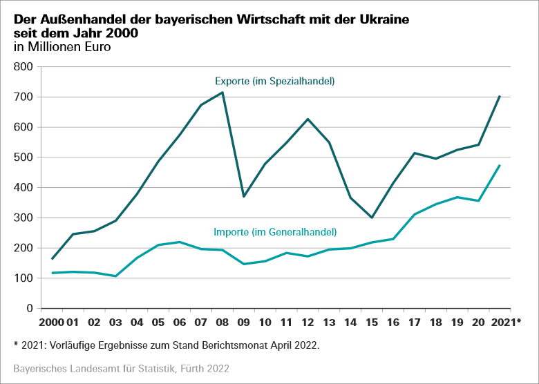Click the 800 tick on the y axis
pyautogui.click(x=23, y=67)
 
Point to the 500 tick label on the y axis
pyautogui.click(x=23, y=157)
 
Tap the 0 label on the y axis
pyautogui.click(x=30, y=309)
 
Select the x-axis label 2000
pyautogui.click(x=53, y=322)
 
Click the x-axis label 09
pyautogui.click(x=243, y=322)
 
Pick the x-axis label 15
pyautogui.click(x=371, y=322)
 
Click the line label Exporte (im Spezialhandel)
pyautogui.click(x=274, y=81)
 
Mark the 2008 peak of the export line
pyautogui.click(x=223, y=93)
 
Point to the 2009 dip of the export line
pyautogui.click(x=243, y=197)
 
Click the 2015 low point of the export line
pyautogui.click(x=372, y=218)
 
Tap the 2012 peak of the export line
pyautogui.click(x=308, y=119)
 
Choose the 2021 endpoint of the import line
pyautogui.click(x=500, y=165)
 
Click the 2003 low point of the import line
pyautogui.click(x=115, y=276)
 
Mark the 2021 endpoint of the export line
pyautogui.click(x=500, y=96)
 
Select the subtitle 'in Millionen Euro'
pyautogui.click(x=61, y=48)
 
